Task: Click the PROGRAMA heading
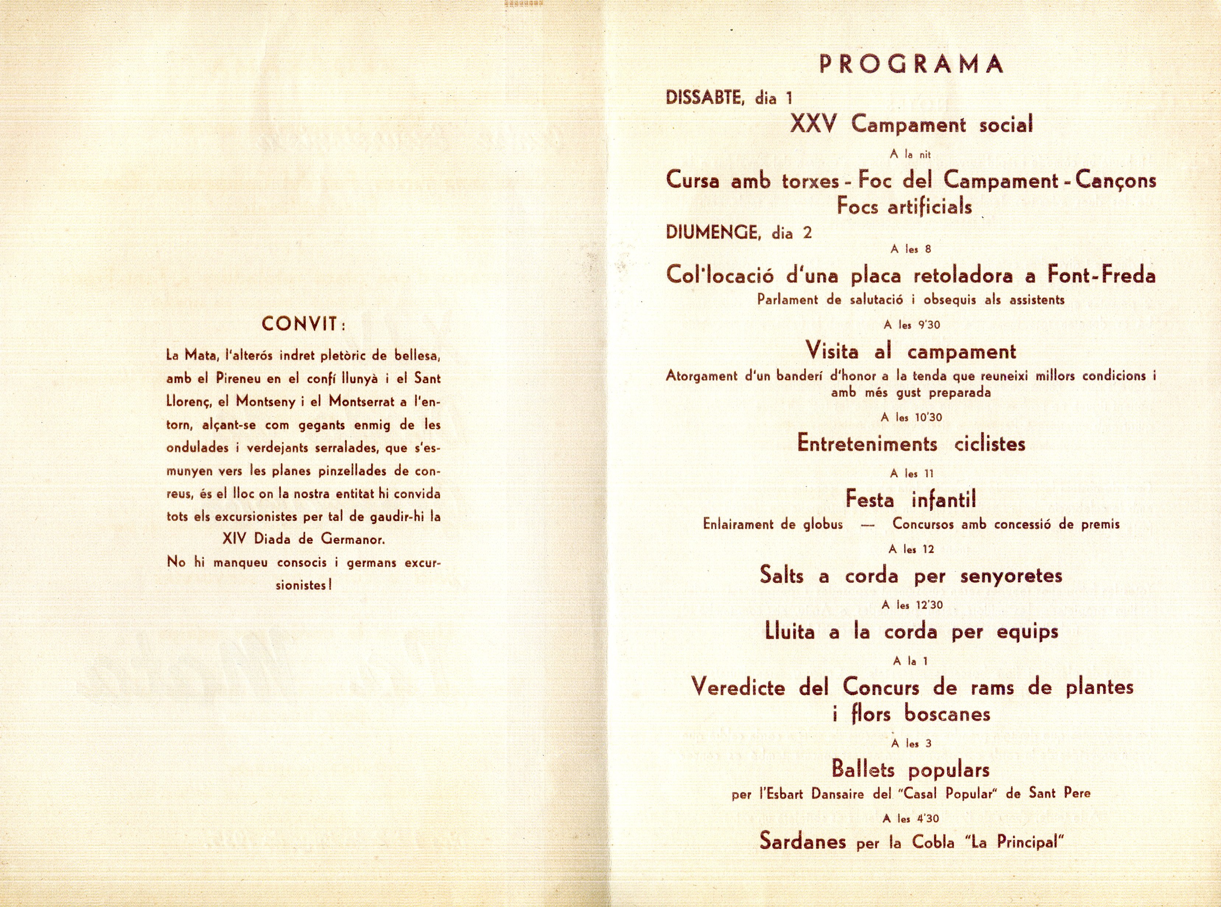pyautogui.click(x=911, y=64)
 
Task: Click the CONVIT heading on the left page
pyautogui.click(x=302, y=324)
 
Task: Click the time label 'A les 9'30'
pyautogui.click(x=912, y=325)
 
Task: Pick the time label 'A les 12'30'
pyautogui.click(x=912, y=605)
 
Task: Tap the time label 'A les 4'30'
pyautogui.click(x=912, y=819)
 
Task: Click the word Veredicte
pyautogui.click(x=738, y=687)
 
